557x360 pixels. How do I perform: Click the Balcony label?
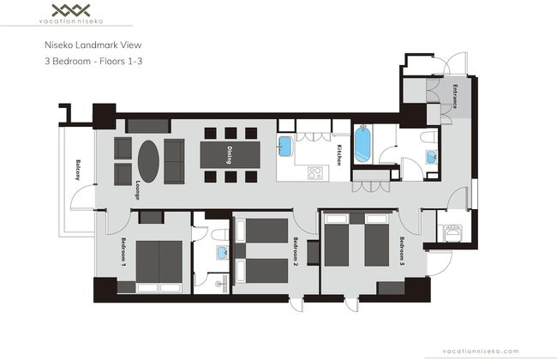(78, 170)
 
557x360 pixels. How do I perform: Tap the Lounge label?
(137, 190)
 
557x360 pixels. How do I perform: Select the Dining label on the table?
(230, 155)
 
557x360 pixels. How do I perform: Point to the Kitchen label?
(339, 155)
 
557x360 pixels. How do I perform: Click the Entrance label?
(455, 96)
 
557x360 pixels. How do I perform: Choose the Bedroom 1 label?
(123, 252)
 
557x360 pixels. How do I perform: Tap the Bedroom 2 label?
(295, 251)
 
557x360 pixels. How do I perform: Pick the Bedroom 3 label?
(402, 251)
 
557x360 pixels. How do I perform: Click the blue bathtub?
(362, 145)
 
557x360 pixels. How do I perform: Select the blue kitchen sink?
(284, 146)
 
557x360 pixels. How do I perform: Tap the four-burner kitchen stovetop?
(315, 173)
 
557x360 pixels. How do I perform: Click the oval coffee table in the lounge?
(148, 161)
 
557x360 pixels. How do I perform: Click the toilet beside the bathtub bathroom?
(429, 137)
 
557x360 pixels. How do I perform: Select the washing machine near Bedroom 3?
(452, 233)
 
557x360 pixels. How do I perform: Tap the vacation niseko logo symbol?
(71, 10)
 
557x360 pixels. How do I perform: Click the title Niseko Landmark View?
(93, 45)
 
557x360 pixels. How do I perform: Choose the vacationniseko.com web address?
(481, 351)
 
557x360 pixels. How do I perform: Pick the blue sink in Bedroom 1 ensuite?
(223, 253)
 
